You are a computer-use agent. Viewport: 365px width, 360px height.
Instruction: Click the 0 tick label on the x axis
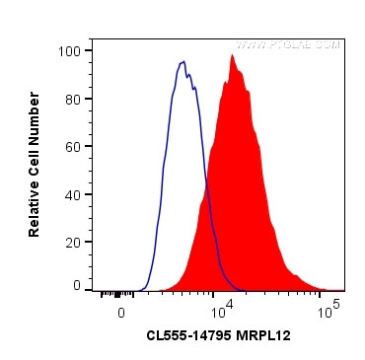pos(120,312)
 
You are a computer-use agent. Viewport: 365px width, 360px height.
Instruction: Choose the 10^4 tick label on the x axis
pos(224,308)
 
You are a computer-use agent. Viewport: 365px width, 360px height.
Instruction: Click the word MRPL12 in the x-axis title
pos(264,336)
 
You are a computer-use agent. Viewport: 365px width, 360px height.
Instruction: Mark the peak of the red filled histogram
pos(233,55)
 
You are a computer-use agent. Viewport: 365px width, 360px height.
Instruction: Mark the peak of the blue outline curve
pos(183,62)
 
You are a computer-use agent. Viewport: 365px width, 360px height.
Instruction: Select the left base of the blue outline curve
pos(138,289)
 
